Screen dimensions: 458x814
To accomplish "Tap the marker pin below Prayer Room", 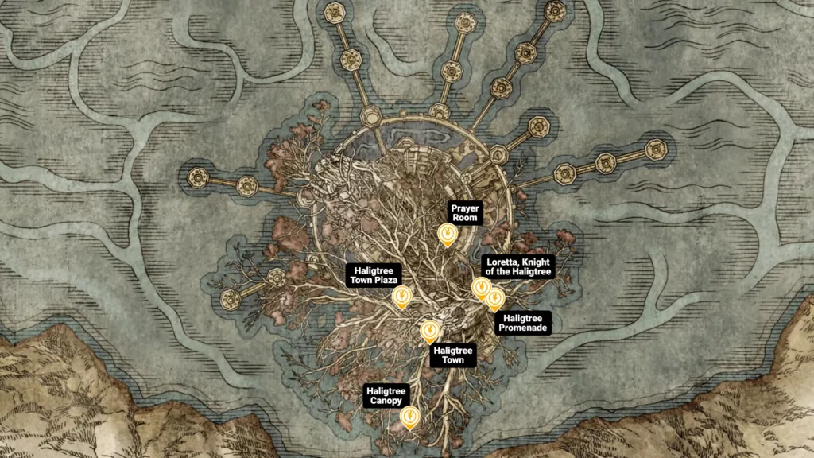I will click(x=448, y=234).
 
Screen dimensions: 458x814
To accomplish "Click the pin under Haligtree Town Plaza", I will click(x=402, y=297).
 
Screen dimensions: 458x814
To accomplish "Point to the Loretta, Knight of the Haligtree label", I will click(x=517, y=266).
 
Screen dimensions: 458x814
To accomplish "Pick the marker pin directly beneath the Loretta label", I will click(x=481, y=288).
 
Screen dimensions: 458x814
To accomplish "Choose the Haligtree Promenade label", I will click(x=522, y=323).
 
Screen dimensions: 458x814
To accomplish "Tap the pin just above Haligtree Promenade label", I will click(x=495, y=299).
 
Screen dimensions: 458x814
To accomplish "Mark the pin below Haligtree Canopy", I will click(x=410, y=417).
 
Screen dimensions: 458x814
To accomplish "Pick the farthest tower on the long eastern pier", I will click(x=656, y=149).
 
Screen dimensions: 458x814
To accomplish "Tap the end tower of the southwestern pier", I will click(x=231, y=299).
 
